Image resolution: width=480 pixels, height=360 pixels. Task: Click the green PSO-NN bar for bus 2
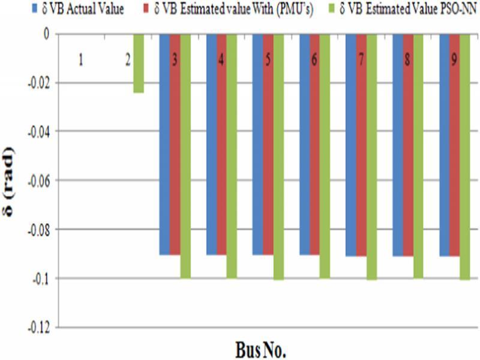pos(138,63)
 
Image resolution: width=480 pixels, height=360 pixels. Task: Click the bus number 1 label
pos(81,62)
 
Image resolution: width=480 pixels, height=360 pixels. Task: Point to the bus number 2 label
pos(128,62)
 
